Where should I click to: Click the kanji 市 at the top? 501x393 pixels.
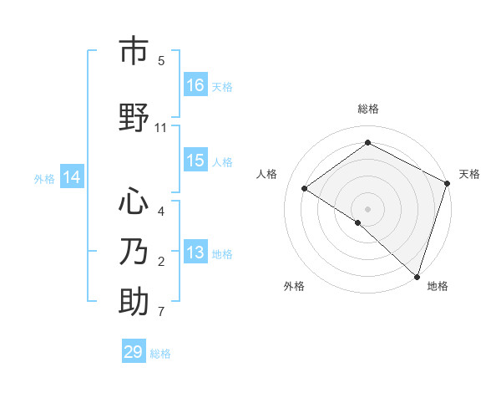[134, 52]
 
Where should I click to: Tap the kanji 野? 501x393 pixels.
[134, 118]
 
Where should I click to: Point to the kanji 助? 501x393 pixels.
[134, 302]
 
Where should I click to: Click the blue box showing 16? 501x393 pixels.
[195, 85]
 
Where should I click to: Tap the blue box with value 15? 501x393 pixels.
[195, 161]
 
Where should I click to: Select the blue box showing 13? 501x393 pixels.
[195, 253]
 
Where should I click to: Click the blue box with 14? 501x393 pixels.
[71, 177]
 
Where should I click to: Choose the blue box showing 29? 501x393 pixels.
[134, 352]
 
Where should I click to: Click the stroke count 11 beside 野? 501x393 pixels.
[161, 128]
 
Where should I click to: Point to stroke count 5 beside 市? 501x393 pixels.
[161, 61]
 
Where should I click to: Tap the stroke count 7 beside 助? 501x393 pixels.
[161, 313]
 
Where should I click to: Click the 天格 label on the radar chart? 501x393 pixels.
[469, 174]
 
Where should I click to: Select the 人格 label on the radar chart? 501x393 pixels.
[267, 174]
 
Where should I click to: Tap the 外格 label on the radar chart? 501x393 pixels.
[294, 287]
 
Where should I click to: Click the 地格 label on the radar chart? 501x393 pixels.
[438, 287]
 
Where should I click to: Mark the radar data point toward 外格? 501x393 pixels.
[358, 222]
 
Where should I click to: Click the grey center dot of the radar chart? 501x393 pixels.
[367, 208]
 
